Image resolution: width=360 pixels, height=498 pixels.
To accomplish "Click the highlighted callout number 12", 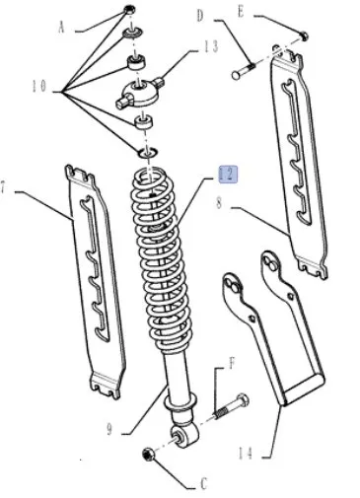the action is (x=228, y=175).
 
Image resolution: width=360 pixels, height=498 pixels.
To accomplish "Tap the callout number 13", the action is (x=211, y=46).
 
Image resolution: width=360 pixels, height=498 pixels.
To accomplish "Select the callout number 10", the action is (x=39, y=87).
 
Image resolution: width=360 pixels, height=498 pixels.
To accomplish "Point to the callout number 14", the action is (x=246, y=454).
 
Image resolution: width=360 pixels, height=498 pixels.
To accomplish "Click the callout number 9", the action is (x=109, y=429).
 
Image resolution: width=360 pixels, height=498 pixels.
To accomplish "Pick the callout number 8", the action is (x=220, y=203).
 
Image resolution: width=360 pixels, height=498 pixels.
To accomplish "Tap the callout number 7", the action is (x=3, y=188).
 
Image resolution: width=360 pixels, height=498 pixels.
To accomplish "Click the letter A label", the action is (x=61, y=28).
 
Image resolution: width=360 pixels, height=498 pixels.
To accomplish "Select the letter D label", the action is (x=200, y=16).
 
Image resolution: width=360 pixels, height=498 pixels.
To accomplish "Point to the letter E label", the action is (x=242, y=12).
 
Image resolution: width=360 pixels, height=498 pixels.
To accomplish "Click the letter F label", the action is (x=232, y=364).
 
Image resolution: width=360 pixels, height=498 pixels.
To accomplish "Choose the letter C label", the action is (x=204, y=484).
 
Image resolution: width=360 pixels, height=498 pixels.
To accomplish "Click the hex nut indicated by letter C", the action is (x=148, y=455).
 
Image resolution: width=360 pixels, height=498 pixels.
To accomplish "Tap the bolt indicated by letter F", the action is (x=232, y=406).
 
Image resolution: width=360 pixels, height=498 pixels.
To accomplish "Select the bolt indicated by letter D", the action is (x=244, y=70).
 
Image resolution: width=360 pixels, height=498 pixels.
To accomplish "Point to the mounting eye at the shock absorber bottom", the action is (x=185, y=436).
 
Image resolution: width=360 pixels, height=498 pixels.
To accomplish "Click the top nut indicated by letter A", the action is (x=130, y=9).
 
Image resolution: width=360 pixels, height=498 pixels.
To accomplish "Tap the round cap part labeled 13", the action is (x=139, y=92).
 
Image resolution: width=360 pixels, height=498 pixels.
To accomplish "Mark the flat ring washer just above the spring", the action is (x=148, y=153).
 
